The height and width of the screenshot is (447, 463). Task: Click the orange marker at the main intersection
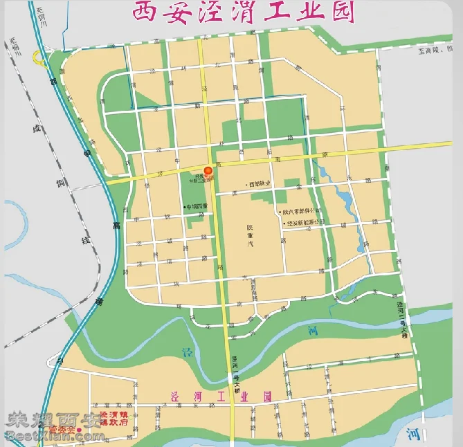click(208, 170)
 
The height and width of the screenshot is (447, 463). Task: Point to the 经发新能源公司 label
click(306, 223)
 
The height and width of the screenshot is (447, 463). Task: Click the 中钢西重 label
click(196, 206)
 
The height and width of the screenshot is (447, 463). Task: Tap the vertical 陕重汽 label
click(251, 236)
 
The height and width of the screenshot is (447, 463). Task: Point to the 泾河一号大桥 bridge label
click(235, 371)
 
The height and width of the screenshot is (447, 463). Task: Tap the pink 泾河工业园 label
click(222, 396)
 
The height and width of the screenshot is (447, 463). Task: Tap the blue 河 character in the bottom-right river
click(414, 433)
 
